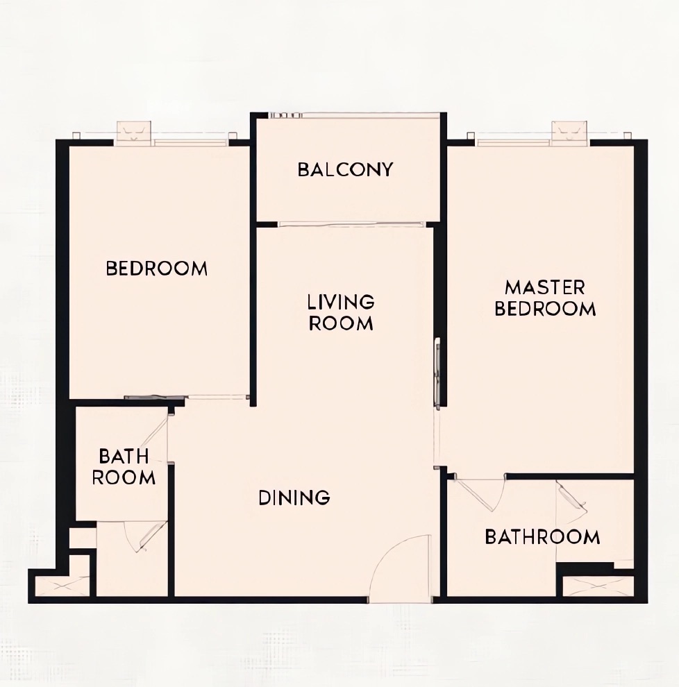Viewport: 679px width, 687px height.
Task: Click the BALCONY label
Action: click(346, 169)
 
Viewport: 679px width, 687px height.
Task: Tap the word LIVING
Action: click(341, 302)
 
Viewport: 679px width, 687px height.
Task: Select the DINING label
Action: click(294, 498)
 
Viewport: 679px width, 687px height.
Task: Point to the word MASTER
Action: click(545, 288)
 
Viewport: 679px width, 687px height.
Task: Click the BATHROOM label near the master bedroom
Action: click(543, 536)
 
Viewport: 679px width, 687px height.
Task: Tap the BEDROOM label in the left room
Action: click(156, 268)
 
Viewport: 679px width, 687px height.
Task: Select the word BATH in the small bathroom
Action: click(124, 456)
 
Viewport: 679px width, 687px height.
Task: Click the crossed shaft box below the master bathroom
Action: click(598, 586)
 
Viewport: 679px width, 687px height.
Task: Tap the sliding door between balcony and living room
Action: click(352, 224)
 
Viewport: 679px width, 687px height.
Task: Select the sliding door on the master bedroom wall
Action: click(437, 374)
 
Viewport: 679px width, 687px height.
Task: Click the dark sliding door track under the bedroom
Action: click(154, 398)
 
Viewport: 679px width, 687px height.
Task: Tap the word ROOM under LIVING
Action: click(341, 323)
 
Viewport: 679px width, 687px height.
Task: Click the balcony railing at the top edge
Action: click(355, 115)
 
